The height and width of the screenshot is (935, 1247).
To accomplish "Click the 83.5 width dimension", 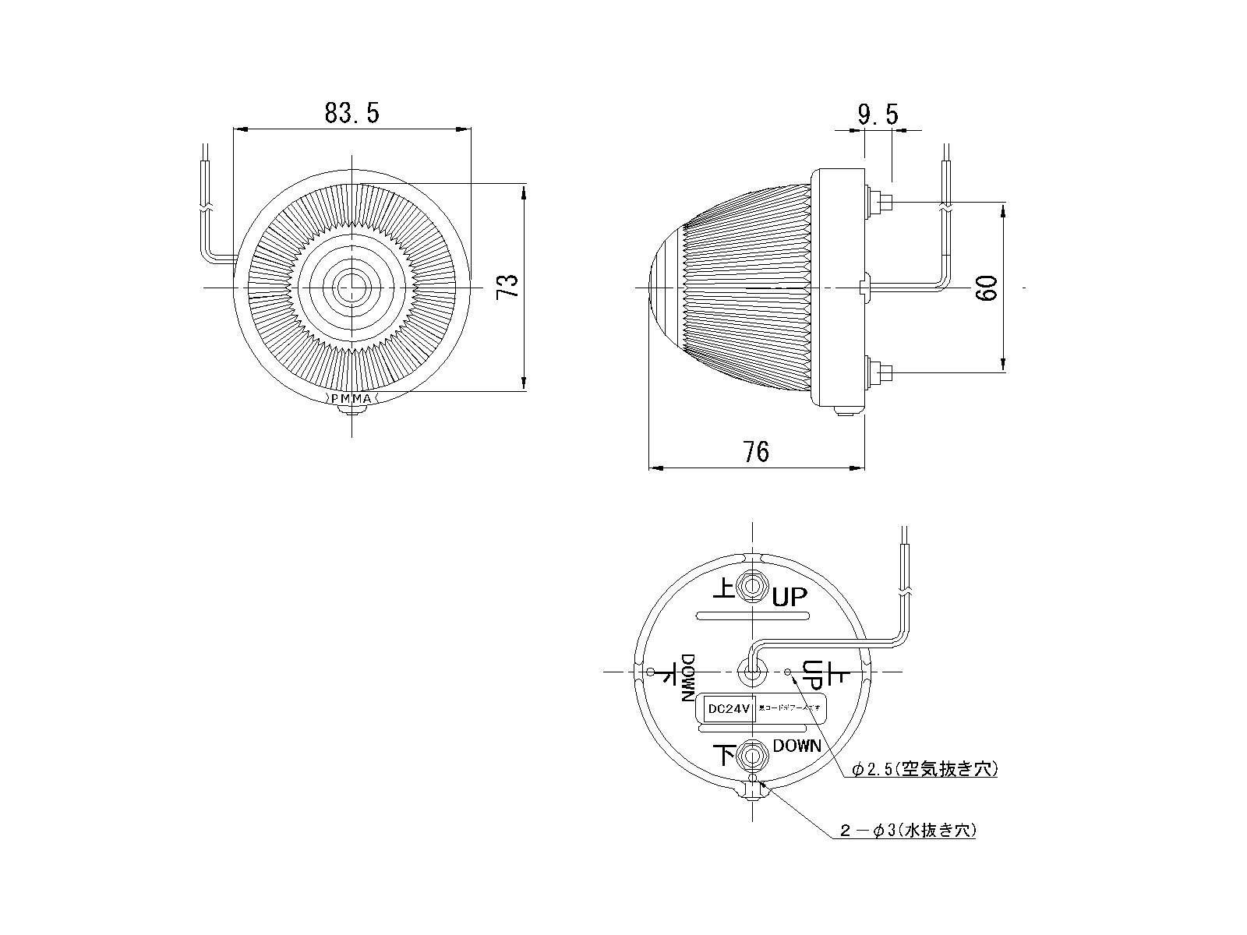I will (x=351, y=114).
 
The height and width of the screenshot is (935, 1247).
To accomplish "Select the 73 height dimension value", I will (x=508, y=287).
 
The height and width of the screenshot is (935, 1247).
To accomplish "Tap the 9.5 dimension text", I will (x=878, y=115).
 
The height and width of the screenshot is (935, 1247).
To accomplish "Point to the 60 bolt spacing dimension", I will (x=987, y=288).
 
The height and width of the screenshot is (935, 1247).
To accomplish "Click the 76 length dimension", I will (x=756, y=452).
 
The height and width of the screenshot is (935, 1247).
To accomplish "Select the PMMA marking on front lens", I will (x=352, y=399).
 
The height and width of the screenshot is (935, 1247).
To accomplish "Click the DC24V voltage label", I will (x=726, y=709).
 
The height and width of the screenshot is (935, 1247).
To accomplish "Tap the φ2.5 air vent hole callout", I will (x=924, y=770).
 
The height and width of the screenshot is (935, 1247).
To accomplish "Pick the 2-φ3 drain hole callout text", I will (x=908, y=831).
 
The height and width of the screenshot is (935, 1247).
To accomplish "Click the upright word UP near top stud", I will (x=790, y=598).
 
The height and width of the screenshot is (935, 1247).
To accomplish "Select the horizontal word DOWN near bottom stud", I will (x=797, y=746).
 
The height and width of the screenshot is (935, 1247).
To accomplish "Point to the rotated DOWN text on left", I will (x=689, y=678).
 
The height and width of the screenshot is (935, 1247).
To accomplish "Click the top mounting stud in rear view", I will (x=753, y=586).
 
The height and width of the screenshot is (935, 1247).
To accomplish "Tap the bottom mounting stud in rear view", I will (x=753, y=755).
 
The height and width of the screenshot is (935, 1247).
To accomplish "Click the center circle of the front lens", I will (x=352, y=288).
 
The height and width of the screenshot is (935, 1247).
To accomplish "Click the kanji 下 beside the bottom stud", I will (x=725, y=755).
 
